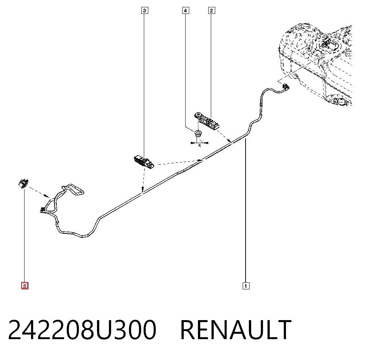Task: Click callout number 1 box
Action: pos(246,286)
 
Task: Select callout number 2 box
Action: pos(211,11)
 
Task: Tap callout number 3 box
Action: pos(145,11)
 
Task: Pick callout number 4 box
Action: pos(186,11)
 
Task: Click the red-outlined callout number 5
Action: pos(25,286)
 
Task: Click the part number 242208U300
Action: pos(82,330)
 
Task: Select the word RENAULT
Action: pos(236,330)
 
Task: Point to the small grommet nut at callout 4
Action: pos(198,134)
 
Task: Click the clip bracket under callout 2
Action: pos(206,120)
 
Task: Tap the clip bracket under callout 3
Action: pos(144,161)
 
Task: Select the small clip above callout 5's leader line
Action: pos(23,183)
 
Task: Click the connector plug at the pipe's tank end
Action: pos(285,87)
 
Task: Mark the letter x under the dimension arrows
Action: pos(199,145)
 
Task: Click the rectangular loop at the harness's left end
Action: pos(72,189)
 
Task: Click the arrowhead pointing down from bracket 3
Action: pos(143,189)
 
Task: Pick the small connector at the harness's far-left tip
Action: pos(42,210)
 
